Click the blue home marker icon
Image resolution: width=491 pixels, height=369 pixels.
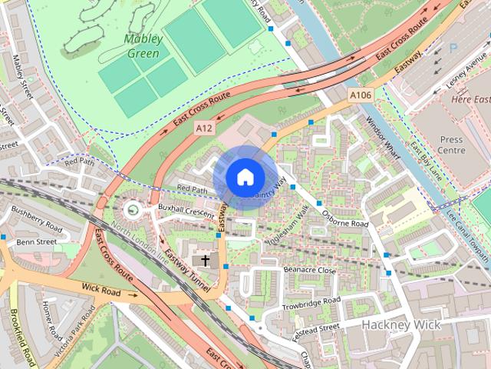pyautogui.click(x=244, y=177)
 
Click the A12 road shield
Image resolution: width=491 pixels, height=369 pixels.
pyautogui.click(x=203, y=128)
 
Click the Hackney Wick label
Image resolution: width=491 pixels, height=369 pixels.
pyautogui.click(x=402, y=324)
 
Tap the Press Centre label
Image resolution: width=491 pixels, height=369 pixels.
pyautogui.click(x=452, y=145)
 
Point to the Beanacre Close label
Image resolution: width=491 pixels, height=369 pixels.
pyautogui.click(x=310, y=271)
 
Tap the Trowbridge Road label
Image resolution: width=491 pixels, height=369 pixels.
pyautogui.click(x=310, y=301)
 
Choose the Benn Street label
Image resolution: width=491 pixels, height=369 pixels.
pyautogui.click(x=37, y=241)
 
